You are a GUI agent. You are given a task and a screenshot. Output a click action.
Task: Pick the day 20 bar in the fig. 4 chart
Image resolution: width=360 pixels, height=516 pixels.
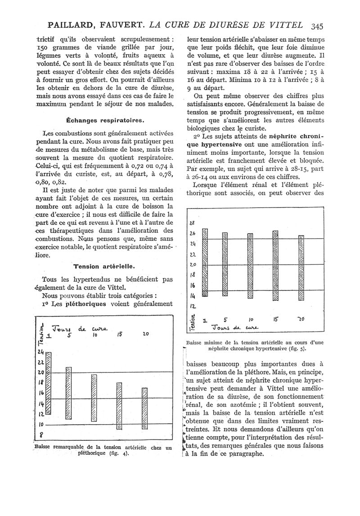click(x=144, y=408)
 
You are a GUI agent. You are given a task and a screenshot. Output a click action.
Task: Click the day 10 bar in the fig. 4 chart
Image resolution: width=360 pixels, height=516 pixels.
click(x=94, y=391)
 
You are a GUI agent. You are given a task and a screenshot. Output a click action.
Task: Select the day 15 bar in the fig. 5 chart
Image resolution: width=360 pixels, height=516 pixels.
click(x=275, y=263)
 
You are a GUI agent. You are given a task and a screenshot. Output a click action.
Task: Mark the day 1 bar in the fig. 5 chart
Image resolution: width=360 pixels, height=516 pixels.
click(x=205, y=262)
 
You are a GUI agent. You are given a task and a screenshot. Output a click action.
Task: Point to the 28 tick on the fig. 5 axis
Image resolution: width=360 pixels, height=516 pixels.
click(x=193, y=223)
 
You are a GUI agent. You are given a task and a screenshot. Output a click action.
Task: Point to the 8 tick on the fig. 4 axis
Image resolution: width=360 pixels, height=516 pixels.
click(x=41, y=435)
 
